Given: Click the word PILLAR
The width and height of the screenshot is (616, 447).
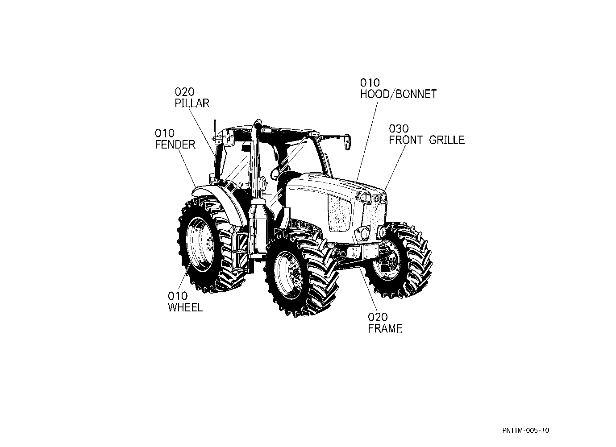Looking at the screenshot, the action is (192, 103).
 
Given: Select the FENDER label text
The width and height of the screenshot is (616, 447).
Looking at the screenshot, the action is (175, 145).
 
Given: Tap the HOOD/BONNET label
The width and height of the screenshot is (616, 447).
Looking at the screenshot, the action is (399, 94).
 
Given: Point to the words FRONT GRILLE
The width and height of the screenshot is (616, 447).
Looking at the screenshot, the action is (427, 140).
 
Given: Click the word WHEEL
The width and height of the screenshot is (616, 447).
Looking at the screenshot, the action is (185, 307).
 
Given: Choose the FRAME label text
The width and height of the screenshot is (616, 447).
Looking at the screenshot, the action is (385, 328).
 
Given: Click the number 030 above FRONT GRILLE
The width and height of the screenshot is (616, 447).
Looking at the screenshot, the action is (399, 128).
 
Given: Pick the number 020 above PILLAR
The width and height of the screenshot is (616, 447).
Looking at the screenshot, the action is (184, 91).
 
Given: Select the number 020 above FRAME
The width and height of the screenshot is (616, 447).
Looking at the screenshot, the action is (378, 317).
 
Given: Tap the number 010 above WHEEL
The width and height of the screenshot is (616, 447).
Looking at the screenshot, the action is (178, 296).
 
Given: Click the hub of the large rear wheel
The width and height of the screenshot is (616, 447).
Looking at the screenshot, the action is (208, 244).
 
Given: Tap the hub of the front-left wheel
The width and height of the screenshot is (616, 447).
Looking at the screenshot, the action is (296, 273).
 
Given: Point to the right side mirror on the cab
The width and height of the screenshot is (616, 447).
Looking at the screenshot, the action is (348, 142).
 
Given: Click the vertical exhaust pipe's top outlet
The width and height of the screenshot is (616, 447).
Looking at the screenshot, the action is (258, 123).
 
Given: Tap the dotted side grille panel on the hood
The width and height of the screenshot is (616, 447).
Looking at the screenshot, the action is (340, 213).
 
